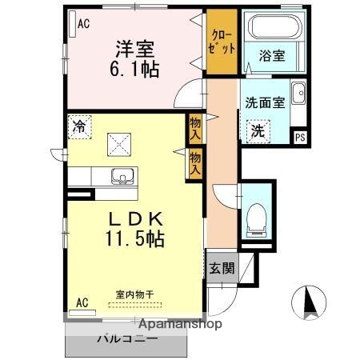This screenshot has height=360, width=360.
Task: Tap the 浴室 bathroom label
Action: (x=273, y=56)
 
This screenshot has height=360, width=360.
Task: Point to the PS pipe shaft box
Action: (x=300, y=136)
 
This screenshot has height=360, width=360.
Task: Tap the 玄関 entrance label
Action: (x=222, y=268)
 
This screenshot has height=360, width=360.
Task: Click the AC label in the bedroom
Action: (x=82, y=24)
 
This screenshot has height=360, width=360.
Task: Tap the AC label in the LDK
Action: (x=82, y=302)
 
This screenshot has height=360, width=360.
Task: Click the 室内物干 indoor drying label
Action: (x=135, y=294)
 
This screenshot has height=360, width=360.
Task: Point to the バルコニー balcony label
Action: (x=127, y=338)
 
